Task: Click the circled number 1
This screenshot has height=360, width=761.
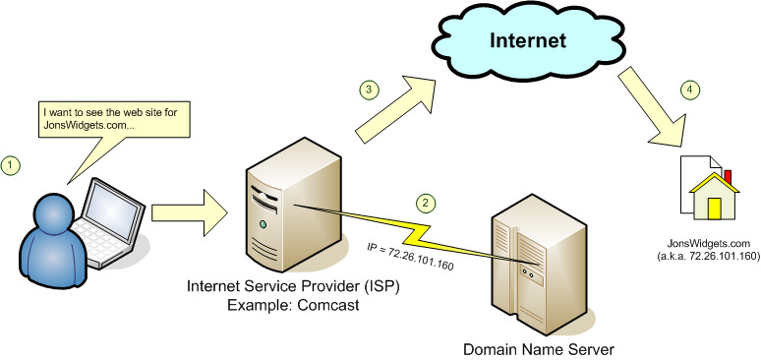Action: point(13,164)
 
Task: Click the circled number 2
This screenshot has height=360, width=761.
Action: point(425,204)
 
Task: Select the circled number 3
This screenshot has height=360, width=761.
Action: point(367,90)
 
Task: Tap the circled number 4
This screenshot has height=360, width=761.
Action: point(690,90)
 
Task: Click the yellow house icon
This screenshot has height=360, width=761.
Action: point(711,199)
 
